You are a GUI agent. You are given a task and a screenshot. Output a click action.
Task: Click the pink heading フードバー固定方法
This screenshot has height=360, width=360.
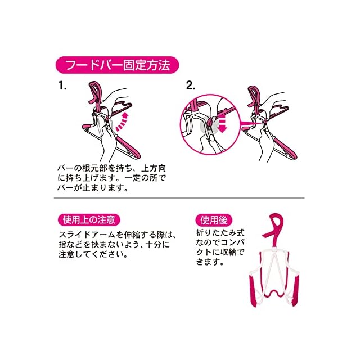click(117, 65)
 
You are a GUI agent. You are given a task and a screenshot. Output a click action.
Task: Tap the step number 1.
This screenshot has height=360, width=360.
click(62, 85)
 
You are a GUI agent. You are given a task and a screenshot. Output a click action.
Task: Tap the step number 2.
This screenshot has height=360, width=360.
click(191, 85)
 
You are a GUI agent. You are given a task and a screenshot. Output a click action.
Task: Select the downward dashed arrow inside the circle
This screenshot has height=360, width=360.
click(222, 125)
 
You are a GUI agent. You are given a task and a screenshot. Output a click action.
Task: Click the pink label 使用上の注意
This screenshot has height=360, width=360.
click(89, 220)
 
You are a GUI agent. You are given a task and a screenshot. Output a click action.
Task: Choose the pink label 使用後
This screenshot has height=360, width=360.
click(214, 220)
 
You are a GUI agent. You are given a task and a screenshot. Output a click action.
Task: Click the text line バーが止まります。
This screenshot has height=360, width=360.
click(92, 187)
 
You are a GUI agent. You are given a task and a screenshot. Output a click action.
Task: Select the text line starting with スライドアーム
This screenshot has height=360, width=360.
click(118, 235)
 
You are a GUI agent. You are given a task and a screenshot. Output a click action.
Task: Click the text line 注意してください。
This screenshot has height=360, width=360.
click(93, 254)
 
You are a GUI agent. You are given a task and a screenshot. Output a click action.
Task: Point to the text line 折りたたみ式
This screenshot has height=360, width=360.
click(220, 233)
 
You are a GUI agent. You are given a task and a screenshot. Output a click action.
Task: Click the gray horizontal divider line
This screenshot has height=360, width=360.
click(179, 197)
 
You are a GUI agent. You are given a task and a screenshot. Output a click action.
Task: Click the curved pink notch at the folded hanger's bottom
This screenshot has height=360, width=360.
click(274, 294)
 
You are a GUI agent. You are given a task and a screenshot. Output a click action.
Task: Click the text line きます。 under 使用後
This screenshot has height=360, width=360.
click(210, 262)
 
